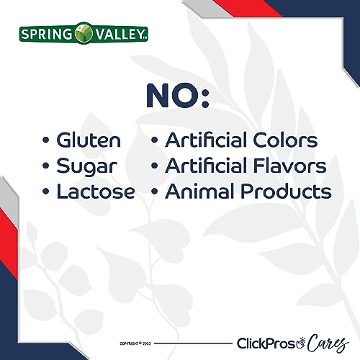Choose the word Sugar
[85, 166]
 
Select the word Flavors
[290, 166]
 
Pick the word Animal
[192, 192]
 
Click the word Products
[287, 192]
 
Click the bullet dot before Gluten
[47, 141]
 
